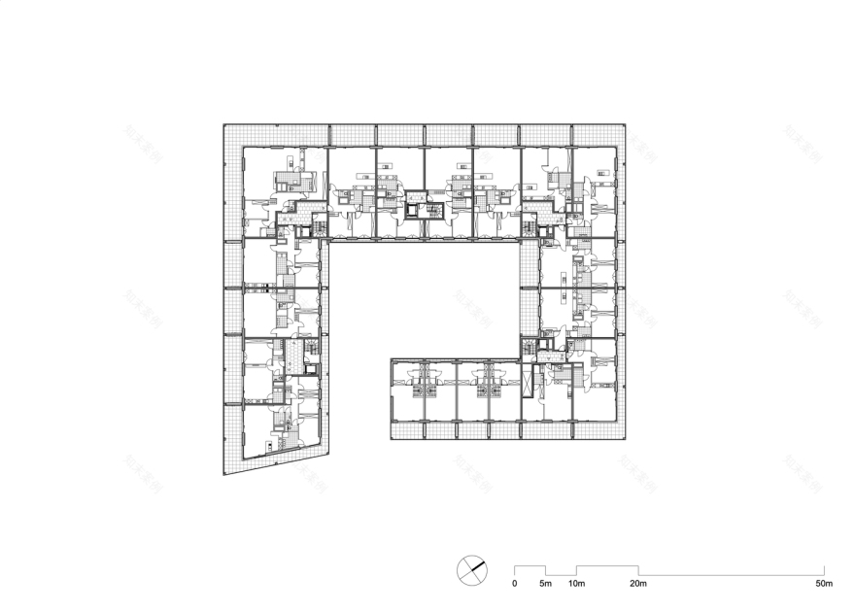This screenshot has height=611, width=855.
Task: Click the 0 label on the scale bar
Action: coord(515,584)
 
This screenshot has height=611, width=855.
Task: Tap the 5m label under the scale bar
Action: coord(545,584)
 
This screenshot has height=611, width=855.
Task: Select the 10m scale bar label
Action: coord(576,584)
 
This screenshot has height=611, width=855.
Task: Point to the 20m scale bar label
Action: coord(637,584)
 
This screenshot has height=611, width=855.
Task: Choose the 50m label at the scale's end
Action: coord(823,584)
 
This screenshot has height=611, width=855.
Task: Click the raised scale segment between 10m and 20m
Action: coord(607,566)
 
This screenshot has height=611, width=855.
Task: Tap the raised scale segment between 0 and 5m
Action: coord(530,566)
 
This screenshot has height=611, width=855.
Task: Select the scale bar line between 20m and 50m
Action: coord(731,573)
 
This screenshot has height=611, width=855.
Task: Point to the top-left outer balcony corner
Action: coord(224,125)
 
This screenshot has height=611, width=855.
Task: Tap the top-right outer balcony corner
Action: coord(623,125)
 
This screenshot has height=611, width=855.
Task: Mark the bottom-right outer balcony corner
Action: coord(623,438)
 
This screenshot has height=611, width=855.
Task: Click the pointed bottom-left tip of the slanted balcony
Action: coord(225,474)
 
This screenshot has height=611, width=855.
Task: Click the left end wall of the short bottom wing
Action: coord(392,398)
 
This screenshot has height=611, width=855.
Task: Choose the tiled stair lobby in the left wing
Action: coord(293,356)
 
